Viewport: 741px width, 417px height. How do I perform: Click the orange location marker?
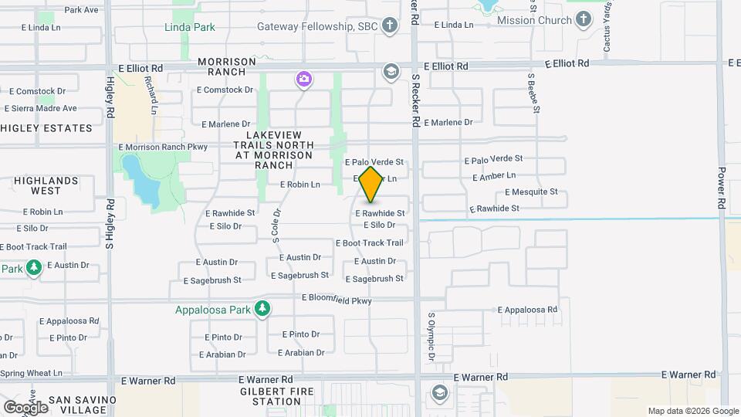[371, 184]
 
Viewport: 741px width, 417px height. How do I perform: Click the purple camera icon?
[304, 79]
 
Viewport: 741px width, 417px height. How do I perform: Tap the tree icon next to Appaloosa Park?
[263, 309]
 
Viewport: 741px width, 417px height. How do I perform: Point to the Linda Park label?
[189, 27]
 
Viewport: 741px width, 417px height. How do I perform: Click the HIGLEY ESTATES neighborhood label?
[46, 128]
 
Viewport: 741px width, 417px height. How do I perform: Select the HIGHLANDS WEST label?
[46, 185]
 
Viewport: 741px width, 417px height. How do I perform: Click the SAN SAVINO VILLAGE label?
[82, 405]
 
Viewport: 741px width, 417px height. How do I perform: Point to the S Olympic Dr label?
[431, 337]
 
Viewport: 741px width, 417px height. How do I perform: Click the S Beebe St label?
[533, 93]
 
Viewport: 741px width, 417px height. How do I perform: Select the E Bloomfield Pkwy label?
[337, 297]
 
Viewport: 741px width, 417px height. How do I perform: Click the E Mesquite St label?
[531, 192]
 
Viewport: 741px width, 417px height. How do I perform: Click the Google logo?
[25, 407]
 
